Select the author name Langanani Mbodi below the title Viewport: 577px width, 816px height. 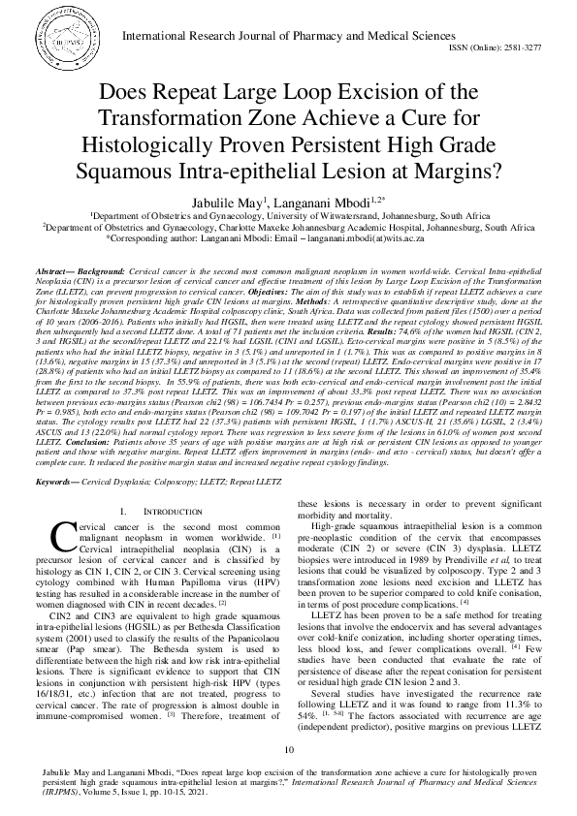click(x=327, y=199)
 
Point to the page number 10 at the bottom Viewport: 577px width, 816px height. click(x=288, y=749)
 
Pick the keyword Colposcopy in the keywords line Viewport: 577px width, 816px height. click(x=181, y=481)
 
